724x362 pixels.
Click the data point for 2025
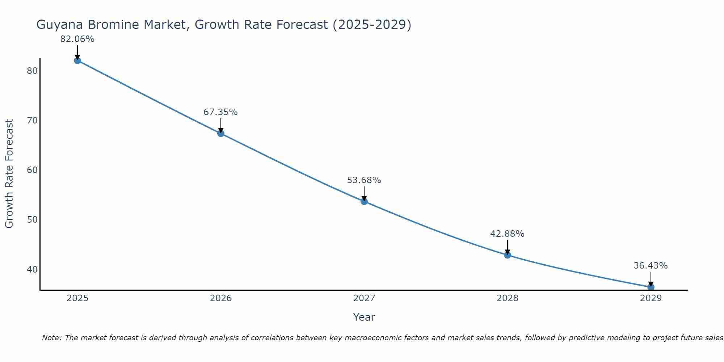coord(77,60)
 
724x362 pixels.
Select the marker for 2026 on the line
coord(220,134)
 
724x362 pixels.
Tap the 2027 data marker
coord(364,201)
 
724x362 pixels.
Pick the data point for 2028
coord(508,255)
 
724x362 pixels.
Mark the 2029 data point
coord(651,287)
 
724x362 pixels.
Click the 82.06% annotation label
coord(77,39)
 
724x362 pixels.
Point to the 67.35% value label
coord(220,112)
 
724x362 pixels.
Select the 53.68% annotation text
coord(364,180)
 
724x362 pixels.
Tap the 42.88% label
coord(507,234)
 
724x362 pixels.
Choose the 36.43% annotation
coord(651,266)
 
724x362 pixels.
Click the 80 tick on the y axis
coord(32,71)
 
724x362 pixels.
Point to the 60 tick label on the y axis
coord(32,170)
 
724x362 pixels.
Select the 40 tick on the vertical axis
coord(32,270)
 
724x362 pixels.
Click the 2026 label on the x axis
coord(221,298)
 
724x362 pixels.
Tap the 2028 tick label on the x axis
coord(508,298)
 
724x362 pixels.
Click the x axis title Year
coord(364,317)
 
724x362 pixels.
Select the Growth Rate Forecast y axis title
coord(9,174)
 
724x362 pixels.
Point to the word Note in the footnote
coord(52,338)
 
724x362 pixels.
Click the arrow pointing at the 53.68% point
coord(364,193)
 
